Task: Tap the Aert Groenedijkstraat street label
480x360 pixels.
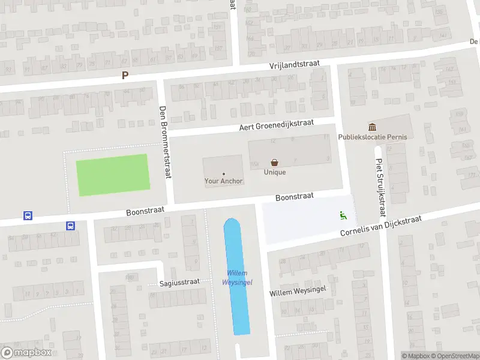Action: (277, 124)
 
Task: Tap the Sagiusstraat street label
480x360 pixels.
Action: (179, 283)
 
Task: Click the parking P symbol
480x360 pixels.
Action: (125, 76)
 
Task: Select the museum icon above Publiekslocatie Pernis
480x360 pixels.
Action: (373, 127)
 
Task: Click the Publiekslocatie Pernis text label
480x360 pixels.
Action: (373, 137)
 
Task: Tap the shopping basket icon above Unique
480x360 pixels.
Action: (275, 162)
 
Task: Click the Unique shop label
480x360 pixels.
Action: (275, 172)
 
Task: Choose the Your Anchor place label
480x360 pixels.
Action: (224, 181)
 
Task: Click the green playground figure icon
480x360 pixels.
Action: (343, 215)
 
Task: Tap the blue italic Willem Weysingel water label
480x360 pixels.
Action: (237, 278)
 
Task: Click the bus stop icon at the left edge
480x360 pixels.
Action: (28, 215)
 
